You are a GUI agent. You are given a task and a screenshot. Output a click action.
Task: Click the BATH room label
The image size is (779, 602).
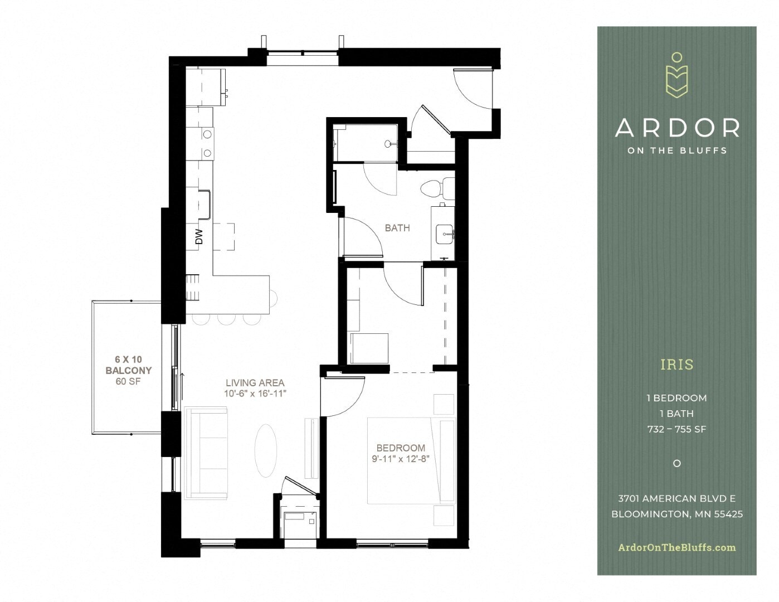point(397,227)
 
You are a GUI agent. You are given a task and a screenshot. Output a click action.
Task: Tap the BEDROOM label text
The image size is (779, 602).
point(401,448)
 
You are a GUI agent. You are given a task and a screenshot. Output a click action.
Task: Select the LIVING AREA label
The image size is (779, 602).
point(255,383)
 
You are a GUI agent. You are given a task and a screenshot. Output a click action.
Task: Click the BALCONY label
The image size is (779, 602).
point(129,370)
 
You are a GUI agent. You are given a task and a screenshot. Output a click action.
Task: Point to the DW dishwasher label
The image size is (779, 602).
point(199,236)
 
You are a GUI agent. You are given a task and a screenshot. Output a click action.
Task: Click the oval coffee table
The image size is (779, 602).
point(265,450)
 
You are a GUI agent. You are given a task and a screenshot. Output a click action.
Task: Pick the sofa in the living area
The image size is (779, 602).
point(206,453)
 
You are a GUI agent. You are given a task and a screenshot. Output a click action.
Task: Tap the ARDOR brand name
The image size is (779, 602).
point(677,128)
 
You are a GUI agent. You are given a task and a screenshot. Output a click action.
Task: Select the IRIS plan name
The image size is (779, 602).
point(677,365)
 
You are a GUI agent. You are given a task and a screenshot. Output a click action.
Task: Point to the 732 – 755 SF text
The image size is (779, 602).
point(677,429)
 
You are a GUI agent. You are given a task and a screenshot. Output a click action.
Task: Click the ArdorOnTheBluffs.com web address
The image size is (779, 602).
point(677,547)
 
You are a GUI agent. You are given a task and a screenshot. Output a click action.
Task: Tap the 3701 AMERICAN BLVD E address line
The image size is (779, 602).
point(677,498)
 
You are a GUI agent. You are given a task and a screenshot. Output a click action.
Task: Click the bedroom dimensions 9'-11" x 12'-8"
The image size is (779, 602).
point(401,459)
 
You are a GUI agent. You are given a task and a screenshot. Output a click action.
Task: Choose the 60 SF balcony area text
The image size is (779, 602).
point(129,381)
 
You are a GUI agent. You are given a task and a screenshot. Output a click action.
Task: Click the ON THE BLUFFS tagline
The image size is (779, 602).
point(677,150)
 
